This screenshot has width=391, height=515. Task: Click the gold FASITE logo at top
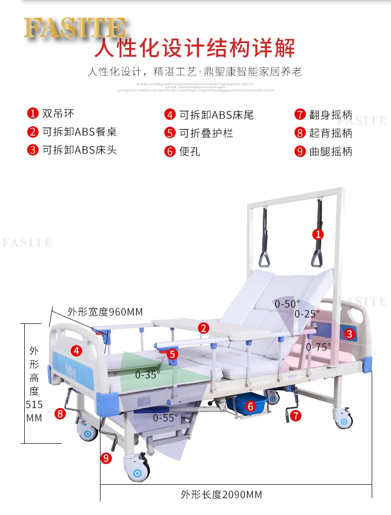click(74, 28)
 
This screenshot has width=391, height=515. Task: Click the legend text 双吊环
click(58, 114)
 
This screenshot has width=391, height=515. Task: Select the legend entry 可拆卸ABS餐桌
click(79, 132)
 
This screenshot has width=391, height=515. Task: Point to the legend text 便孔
click(190, 152)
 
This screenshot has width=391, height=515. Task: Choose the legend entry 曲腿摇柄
click(330, 152)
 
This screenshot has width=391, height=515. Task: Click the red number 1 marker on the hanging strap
click(318, 234)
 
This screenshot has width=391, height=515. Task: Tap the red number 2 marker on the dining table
click(203, 327)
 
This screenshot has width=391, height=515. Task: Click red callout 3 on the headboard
click(349, 333)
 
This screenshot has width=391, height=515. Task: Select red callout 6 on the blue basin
click(250, 407)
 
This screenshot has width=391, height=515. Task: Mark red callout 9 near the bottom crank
click(106, 458)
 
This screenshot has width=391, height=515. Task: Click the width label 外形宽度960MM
click(105, 312)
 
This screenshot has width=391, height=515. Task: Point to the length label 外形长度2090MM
click(221, 494)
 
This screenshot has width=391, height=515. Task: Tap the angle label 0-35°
click(148, 375)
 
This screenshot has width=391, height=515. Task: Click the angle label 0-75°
click(318, 347)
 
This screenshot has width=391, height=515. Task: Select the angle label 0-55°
click(165, 418)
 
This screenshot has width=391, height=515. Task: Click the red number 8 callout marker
click(60, 413)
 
